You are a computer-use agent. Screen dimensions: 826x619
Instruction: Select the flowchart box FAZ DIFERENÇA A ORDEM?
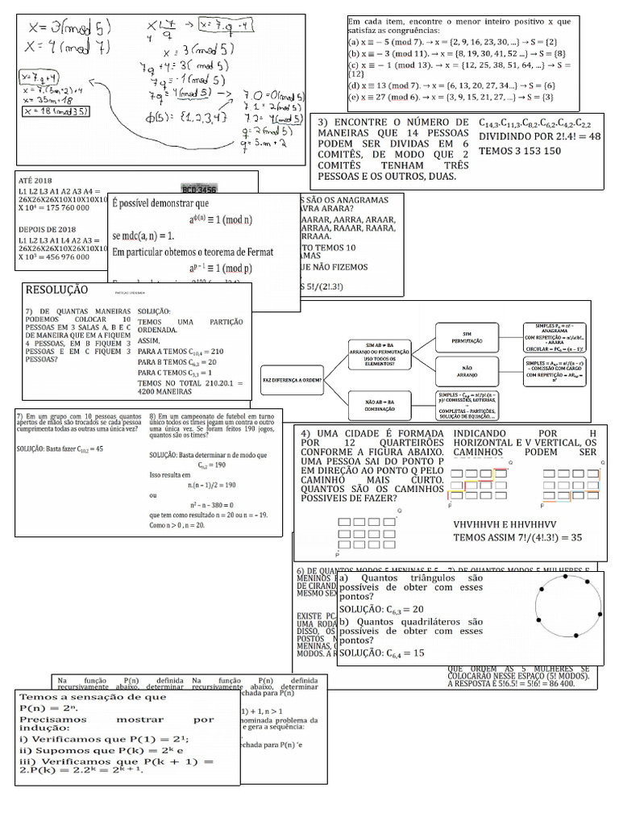pos(291,378)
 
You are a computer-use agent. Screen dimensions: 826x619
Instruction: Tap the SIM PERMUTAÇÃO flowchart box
pos(466,337)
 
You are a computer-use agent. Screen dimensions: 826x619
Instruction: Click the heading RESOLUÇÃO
pos(57,290)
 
